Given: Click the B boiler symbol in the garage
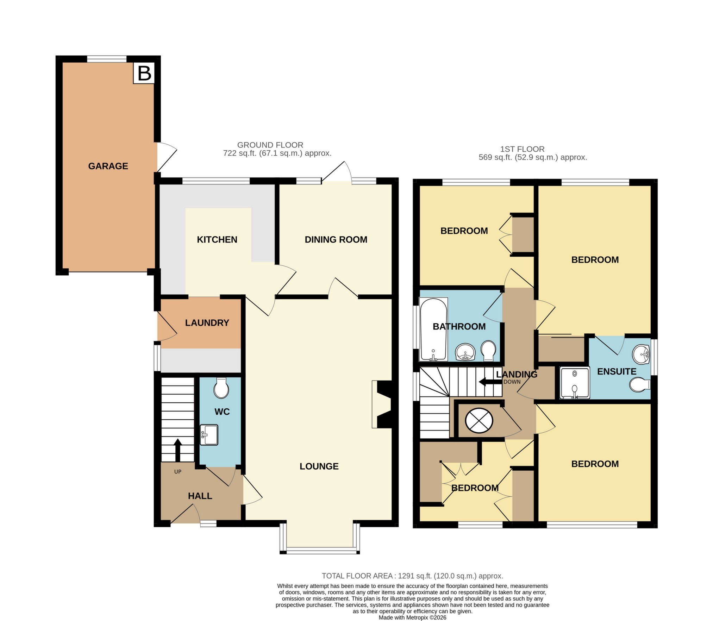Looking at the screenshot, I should coord(144,74).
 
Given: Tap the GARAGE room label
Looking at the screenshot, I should coord(108,166).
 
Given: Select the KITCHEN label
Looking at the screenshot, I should coord(217,240).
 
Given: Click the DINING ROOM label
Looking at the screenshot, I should coord(336,240).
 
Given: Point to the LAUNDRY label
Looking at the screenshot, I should coord(207,323).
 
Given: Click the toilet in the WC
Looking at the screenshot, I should coord(221,388).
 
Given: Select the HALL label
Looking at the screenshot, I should coord(200,496).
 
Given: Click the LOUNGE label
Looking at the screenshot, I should coord(319,466).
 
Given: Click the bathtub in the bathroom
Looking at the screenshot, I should coord(433,330).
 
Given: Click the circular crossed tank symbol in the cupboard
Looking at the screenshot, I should coord(479,420).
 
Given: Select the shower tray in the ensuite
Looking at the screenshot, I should coord(574,383).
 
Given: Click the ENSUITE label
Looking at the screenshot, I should coord(617,372).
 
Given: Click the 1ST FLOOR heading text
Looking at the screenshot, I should coord(522,149).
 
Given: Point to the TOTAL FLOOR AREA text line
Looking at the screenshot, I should coord(412,576).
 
